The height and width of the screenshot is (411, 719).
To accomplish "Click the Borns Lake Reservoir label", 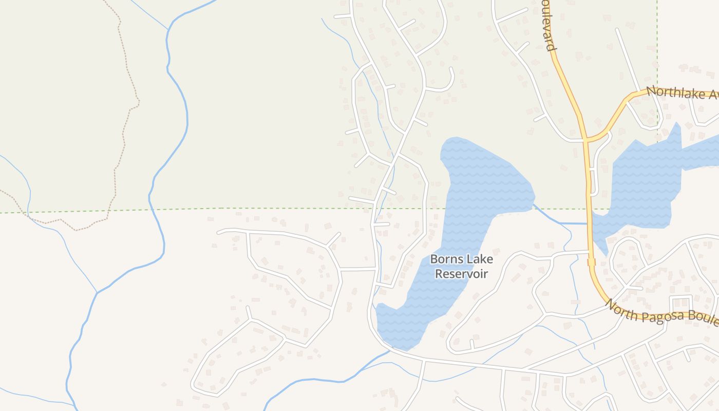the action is click(x=461, y=267).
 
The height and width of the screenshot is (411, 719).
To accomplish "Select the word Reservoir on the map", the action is click(x=461, y=274).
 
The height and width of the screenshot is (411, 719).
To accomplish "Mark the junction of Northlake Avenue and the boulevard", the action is click(x=585, y=139).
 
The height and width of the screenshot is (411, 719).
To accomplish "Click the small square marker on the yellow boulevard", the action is click(x=591, y=262).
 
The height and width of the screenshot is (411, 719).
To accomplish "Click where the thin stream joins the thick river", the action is click(x=97, y=292).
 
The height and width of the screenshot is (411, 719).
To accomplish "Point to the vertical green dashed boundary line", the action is click(x=657, y=51).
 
